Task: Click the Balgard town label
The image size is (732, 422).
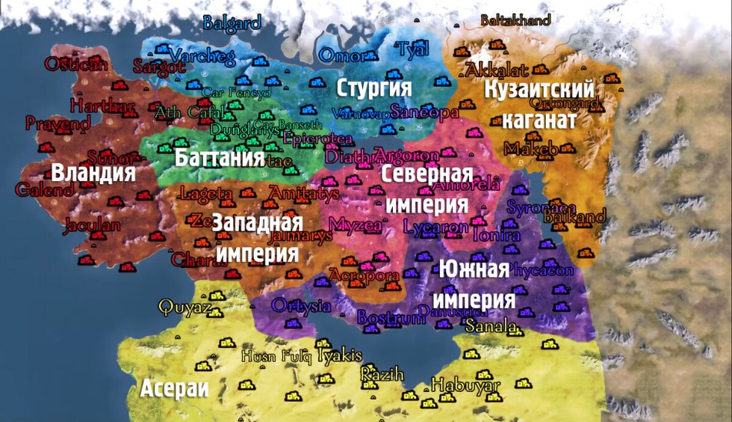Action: (x=232, y=22)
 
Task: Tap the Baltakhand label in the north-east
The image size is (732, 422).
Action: (x=515, y=20)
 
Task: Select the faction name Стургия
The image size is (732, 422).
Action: (x=374, y=88)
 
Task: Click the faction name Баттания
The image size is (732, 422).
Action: (x=220, y=158)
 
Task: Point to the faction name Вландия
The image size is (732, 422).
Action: (x=93, y=173)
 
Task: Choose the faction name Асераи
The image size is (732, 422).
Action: (x=174, y=388)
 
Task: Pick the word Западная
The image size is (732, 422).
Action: (x=257, y=222)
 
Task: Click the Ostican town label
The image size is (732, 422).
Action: (x=76, y=64)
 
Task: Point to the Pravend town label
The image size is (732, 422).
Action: (x=58, y=122)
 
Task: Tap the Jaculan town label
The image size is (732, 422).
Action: (x=92, y=224)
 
